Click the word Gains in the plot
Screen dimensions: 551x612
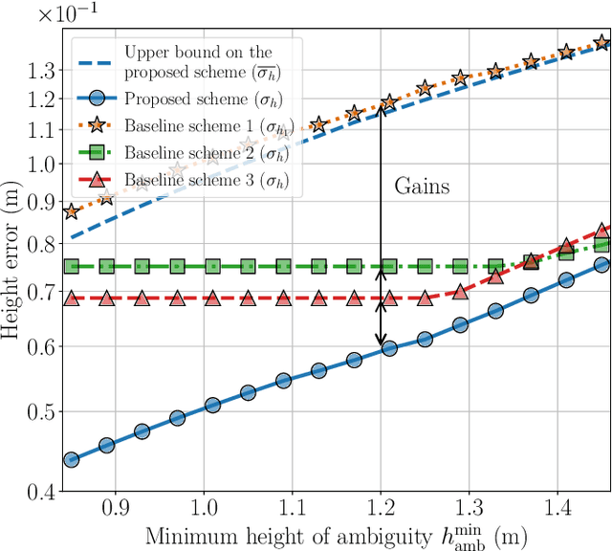422,187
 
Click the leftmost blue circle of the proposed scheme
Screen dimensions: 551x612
71,460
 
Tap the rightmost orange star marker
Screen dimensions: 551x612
601,42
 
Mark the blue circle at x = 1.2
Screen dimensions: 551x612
389,348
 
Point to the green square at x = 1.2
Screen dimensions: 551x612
389,267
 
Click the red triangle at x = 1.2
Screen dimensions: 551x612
389,298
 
